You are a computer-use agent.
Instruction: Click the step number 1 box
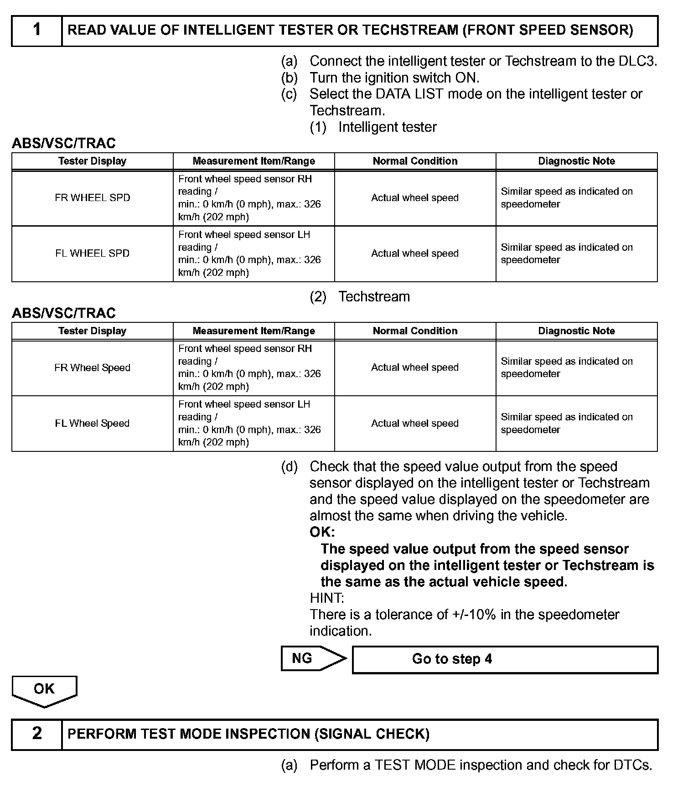point(37,31)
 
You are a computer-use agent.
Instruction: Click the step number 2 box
point(37,734)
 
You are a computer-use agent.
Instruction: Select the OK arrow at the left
point(44,689)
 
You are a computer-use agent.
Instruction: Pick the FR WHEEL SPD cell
point(93,198)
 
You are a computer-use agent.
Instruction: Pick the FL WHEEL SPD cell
point(93,254)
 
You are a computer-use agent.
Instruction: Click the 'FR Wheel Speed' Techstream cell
point(93,368)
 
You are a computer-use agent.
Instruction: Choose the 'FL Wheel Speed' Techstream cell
point(93,424)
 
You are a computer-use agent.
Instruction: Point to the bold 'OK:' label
point(322,532)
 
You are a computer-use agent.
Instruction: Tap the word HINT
point(327,598)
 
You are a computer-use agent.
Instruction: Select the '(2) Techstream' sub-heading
point(360,297)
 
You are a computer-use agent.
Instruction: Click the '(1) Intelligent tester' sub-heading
point(373,127)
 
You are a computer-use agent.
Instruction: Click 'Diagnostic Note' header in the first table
point(576,161)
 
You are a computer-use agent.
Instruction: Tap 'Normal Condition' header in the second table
point(415,331)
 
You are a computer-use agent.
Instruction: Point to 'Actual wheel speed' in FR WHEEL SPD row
point(415,198)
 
